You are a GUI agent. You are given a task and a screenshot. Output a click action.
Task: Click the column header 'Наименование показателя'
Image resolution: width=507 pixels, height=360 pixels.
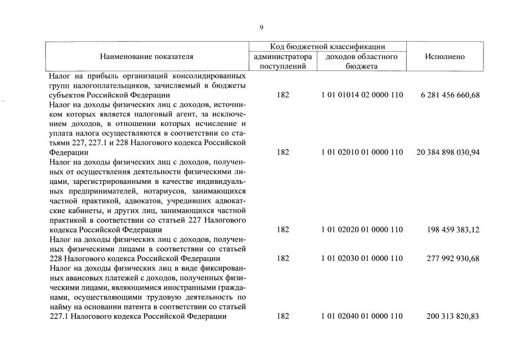(146, 57)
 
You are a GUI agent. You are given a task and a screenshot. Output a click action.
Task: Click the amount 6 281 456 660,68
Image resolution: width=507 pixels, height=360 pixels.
(450, 95)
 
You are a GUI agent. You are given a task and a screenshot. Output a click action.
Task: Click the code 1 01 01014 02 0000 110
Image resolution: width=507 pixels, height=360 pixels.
(362, 95)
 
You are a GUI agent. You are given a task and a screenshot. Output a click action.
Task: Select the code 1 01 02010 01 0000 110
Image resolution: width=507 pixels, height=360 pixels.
(362, 152)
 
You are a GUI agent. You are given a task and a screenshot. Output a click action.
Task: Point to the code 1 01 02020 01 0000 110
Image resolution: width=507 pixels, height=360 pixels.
(362, 229)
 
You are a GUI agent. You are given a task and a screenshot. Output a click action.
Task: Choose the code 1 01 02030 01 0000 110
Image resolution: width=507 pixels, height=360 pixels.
(362, 258)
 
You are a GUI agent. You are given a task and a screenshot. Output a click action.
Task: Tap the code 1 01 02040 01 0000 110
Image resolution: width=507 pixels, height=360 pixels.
(362, 316)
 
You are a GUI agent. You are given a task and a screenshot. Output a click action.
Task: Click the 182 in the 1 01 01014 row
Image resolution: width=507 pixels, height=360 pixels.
(283, 95)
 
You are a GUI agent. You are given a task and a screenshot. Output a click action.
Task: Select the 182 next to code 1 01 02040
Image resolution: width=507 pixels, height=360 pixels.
(283, 316)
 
